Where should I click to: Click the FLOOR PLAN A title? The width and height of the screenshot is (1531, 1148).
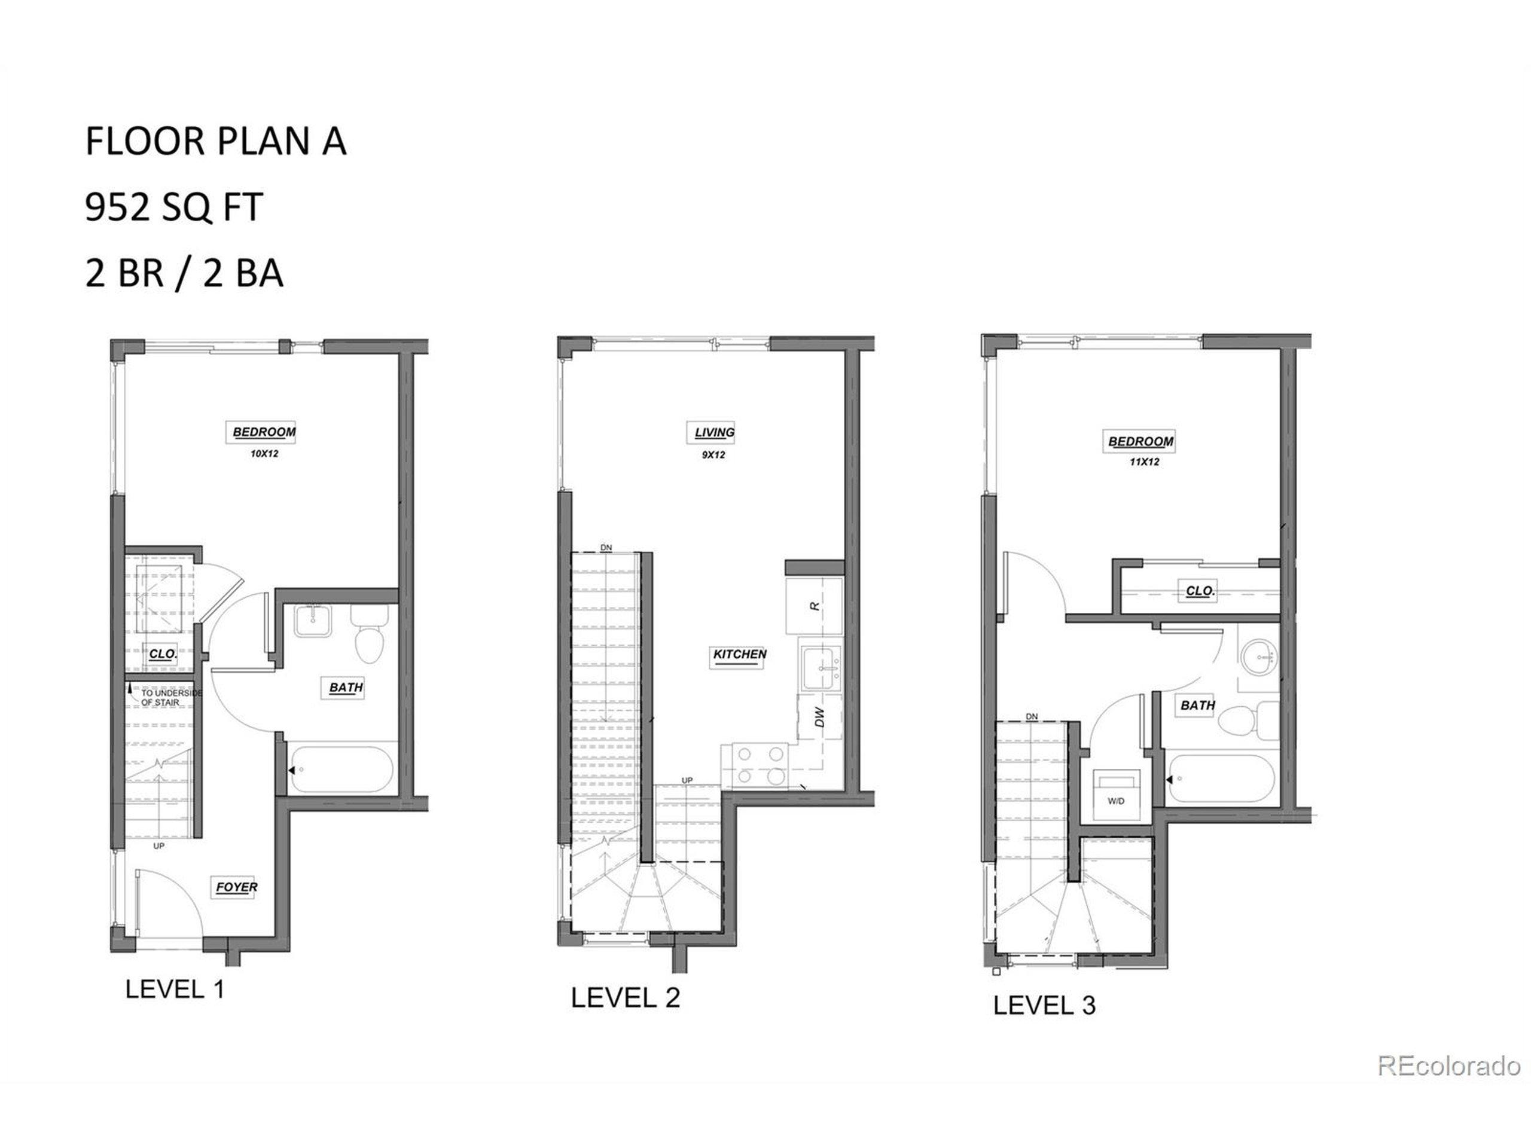click(x=215, y=141)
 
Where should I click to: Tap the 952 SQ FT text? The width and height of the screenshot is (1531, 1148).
click(x=173, y=207)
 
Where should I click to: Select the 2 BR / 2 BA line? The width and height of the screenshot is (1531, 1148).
click(x=184, y=273)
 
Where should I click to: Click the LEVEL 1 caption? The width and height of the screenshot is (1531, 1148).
click(x=175, y=990)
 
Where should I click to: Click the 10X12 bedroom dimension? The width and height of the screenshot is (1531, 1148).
click(x=264, y=454)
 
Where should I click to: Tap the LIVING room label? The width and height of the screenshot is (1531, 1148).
click(x=714, y=432)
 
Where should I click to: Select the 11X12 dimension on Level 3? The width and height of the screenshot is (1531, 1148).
click(x=1144, y=462)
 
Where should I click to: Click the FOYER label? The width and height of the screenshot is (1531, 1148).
click(x=236, y=887)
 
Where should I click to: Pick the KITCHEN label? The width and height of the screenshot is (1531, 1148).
click(x=740, y=654)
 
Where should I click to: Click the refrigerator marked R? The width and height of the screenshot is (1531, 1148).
click(x=815, y=606)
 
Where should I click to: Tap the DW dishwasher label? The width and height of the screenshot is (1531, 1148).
click(x=820, y=717)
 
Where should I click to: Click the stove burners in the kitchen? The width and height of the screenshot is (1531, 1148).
click(x=761, y=765)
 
